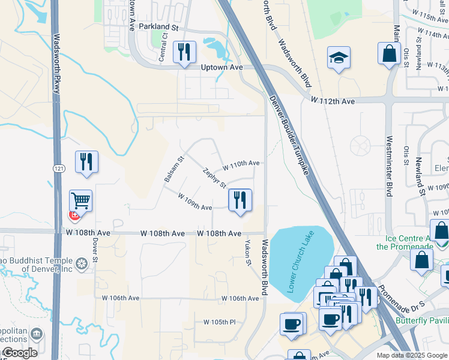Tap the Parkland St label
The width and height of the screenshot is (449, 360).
click(x=159, y=27)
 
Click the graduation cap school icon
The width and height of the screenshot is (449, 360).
click(x=339, y=58)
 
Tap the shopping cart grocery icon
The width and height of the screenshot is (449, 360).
click(x=80, y=201)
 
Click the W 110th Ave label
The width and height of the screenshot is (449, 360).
click(x=241, y=163)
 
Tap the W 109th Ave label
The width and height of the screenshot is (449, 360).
click(x=194, y=201)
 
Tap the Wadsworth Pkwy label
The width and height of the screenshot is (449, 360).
click(x=57, y=62)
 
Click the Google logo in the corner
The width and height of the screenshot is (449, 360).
click(x=19, y=353)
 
